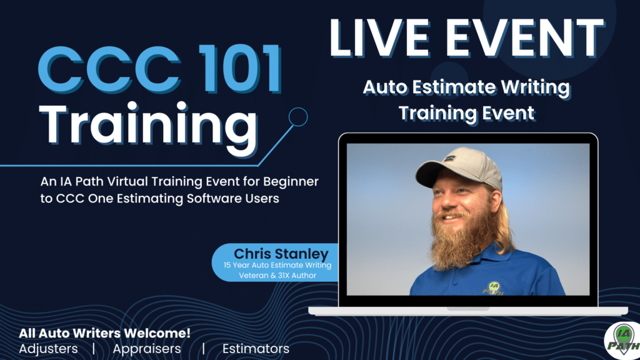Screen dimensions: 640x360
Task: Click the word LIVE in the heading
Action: (379, 38)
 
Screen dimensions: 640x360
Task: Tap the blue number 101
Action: (241, 69)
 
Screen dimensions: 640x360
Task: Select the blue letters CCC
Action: (110, 69)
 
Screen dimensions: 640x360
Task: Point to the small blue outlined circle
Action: (298, 117)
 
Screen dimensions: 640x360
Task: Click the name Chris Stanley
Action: (281, 254)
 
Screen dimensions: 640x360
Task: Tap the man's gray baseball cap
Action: (459, 167)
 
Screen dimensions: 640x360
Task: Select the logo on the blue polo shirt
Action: (492, 288)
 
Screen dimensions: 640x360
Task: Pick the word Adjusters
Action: (48, 349)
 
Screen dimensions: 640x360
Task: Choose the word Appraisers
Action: (147, 349)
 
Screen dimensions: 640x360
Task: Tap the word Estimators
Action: (256, 349)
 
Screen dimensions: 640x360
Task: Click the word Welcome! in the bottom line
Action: (157, 333)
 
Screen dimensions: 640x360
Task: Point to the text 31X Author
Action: (297, 276)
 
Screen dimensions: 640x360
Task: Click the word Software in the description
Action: (214, 198)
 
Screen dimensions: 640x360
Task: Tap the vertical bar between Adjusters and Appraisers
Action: (94, 349)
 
